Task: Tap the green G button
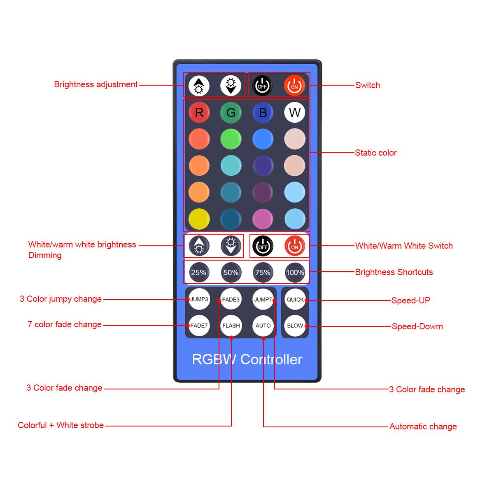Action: coord(231,112)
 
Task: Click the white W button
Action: coord(295,112)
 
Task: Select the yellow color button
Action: coord(199,219)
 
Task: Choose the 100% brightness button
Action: coord(295,272)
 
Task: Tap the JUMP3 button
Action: coord(199,299)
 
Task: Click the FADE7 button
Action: coord(199,326)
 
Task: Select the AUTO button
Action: coord(263,326)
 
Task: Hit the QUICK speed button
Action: coord(295,299)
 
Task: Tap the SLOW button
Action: coord(295,326)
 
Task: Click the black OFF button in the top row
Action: coord(262,86)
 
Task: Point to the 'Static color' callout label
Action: coord(375,153)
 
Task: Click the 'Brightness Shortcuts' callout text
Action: coord(394,272)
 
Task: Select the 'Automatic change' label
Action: coord(423,426)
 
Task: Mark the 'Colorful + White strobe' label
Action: coord(61,425)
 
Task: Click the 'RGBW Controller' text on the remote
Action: coord(247,359)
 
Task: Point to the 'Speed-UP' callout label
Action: coord(411,300)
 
